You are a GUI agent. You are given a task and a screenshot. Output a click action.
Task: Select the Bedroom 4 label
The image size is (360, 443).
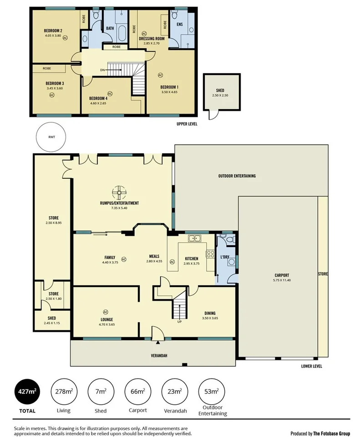99,99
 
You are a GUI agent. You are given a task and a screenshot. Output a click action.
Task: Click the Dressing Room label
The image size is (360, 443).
152,39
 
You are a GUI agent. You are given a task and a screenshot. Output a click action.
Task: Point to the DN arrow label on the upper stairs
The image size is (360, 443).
103,70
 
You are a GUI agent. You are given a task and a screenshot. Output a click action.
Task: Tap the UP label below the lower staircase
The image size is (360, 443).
180,322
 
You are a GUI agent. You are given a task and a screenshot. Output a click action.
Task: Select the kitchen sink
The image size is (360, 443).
195,237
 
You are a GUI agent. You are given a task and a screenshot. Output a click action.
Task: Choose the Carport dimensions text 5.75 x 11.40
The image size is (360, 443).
282,281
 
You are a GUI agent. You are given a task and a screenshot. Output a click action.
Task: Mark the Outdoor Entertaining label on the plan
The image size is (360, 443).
237,176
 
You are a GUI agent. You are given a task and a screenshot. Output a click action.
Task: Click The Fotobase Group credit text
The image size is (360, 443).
320,433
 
